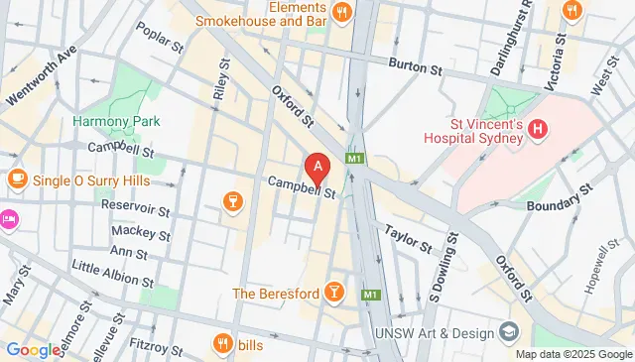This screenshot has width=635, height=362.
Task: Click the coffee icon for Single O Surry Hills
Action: click(17, 179)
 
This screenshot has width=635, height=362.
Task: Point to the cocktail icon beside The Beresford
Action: click(335, 293)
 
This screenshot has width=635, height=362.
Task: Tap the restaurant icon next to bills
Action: click(221, 343)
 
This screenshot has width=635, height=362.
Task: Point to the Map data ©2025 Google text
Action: click(573, 354)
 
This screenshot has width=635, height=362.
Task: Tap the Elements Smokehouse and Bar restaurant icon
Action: click(341, 12)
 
